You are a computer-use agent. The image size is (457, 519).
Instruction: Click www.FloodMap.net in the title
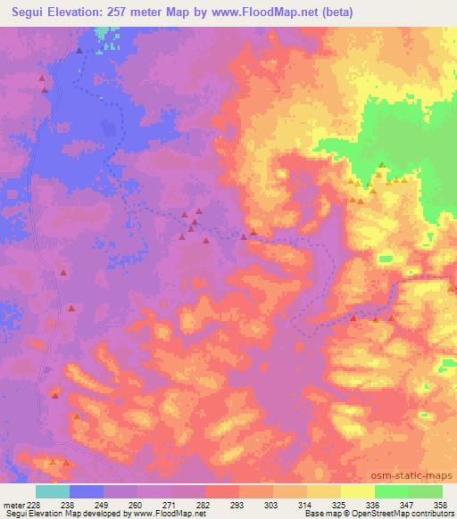[x=264, y=12]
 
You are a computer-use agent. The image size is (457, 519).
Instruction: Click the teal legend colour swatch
[x=53, y=491]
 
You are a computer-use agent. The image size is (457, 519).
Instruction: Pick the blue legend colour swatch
[x=87, y=491]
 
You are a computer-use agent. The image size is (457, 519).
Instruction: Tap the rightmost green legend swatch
[x=426, y=491]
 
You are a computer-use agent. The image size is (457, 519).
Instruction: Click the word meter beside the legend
[x=12, y=504]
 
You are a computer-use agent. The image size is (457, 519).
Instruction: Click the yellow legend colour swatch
[x=358, y=491]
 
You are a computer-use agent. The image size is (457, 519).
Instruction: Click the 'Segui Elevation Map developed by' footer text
[x=58, y=514]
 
